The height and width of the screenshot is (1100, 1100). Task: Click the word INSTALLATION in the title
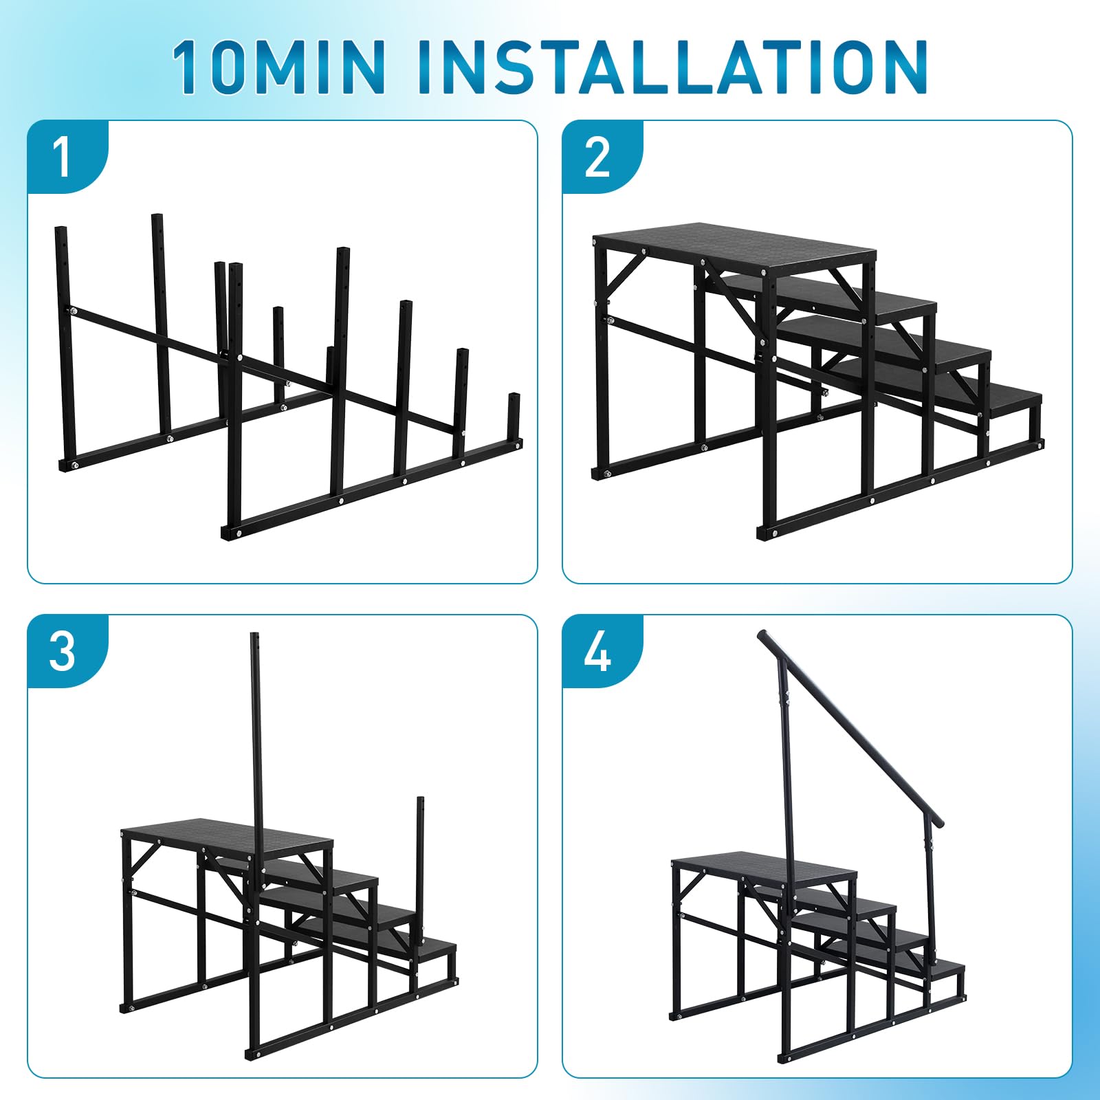point(672,67)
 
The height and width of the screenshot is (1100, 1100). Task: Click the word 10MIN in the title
point(278,67)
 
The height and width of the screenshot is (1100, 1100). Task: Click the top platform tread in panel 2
point(734,248)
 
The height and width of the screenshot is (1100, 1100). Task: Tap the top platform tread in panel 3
point(227,839)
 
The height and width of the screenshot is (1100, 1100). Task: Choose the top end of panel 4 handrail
point(762,634)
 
